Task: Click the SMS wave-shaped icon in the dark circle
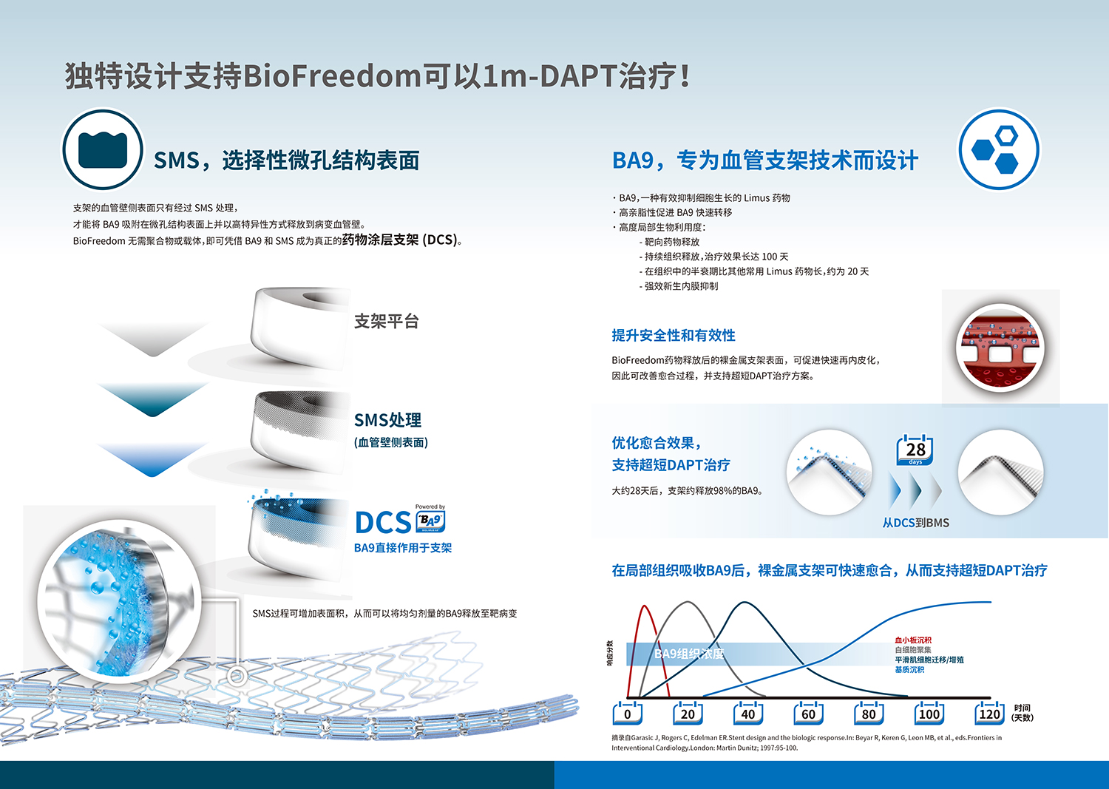click(x=103, y=149)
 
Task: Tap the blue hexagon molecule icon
click(x=999, y=149)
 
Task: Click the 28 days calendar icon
click(x=915, y=450)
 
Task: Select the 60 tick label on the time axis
click(x=808, y=714)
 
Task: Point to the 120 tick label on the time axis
click(x=989, y=714)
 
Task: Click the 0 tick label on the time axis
click(x=627, y=714)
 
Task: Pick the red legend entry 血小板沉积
click(x=913, y=640)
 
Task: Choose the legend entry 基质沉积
click(x=909, y=670)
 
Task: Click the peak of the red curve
click(x=645, y=606)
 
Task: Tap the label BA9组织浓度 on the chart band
click(x=688, y=654)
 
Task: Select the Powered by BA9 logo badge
click(x=430, y=518)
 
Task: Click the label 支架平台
click(x=386, y=322)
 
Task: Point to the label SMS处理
click(x=387, y=420)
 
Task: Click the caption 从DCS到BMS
click(x=916, y=523)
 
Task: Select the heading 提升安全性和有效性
click(x=674, y=335)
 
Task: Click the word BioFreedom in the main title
click(x=332, y=76)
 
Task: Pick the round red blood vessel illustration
click(x=1000, y=348)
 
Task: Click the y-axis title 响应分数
click(x=609, y=653)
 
